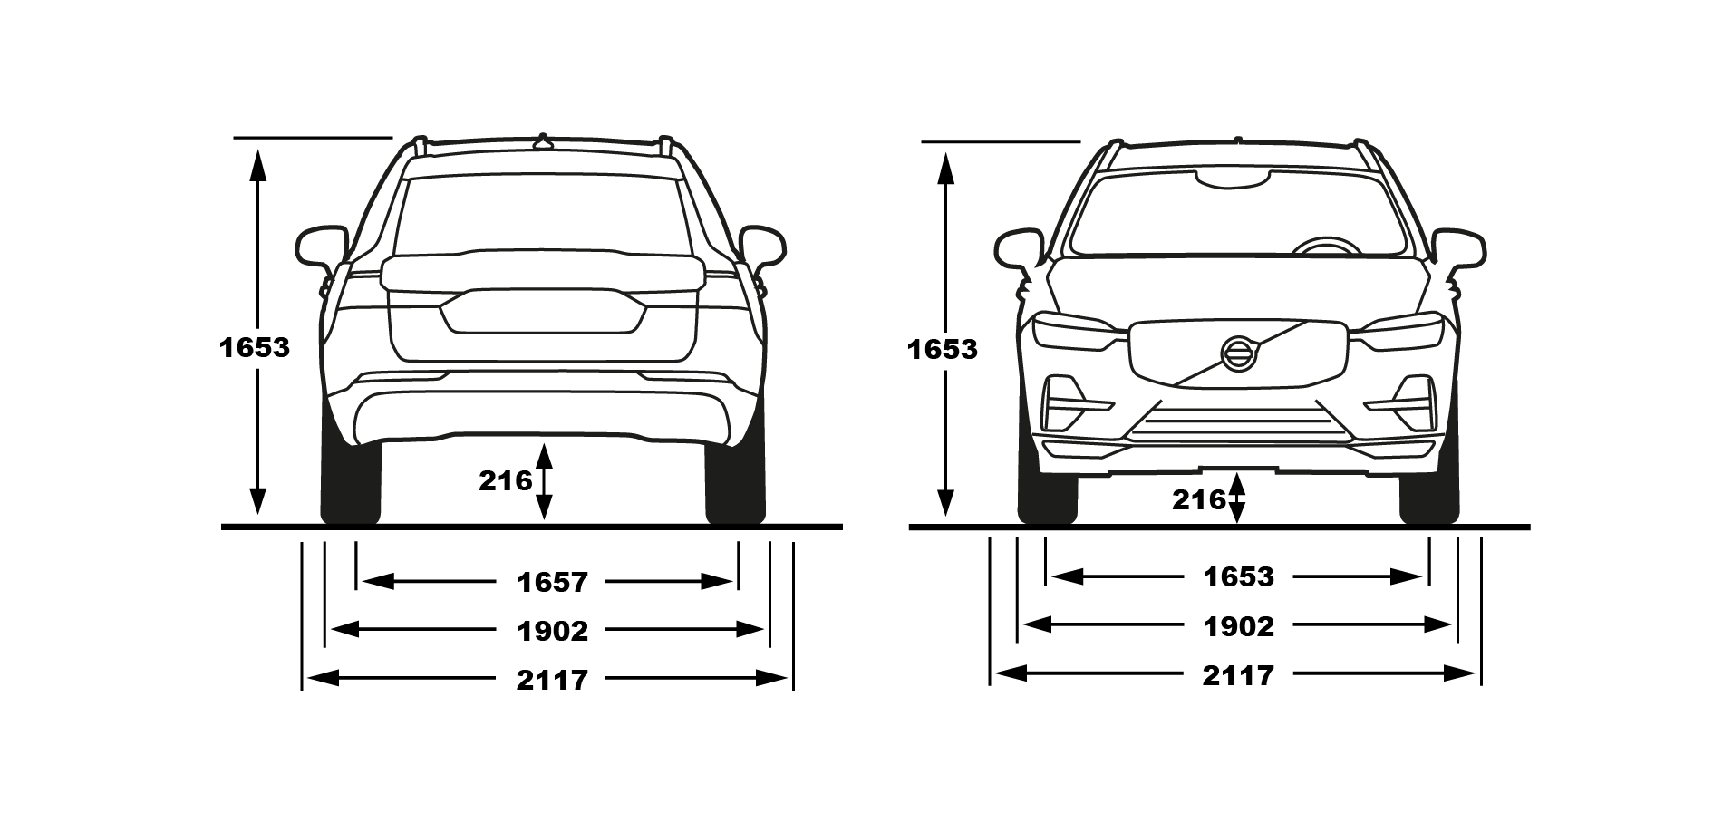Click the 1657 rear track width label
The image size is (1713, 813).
click(553, 582)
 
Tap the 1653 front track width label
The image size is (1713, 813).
click(1239, 577)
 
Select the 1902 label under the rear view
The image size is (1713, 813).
click(553, 631)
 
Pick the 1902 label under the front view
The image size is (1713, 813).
click(1239, 626)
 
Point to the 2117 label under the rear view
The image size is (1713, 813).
click(553, 680)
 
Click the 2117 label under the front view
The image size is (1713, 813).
click(1239, 675)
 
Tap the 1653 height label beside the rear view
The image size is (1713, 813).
click(255, 347)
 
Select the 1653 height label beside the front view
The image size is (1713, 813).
click(943, 349)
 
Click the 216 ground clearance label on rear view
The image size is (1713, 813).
click(506, 480)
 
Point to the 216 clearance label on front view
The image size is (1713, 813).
click(1198, 499)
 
